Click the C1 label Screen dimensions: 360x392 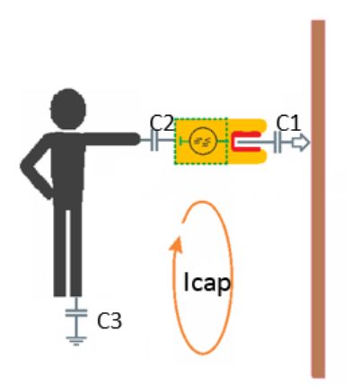(288, 123)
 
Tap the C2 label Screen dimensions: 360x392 (162, 123)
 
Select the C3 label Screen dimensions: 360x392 (110, 321)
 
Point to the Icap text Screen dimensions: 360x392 (207, 283)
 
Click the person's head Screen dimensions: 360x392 (68, 109)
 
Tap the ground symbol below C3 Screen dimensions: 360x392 (76, 341)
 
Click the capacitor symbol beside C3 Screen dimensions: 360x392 (76, 313)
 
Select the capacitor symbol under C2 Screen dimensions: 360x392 (154, 141)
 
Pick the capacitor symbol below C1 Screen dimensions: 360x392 (277, 143)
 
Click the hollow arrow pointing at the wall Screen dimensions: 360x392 (301, 143)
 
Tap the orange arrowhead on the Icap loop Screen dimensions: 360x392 (176, 245)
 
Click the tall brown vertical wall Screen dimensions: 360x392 (318, 199)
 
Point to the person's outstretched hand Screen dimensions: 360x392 (133, 139)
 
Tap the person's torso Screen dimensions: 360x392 (67, 168)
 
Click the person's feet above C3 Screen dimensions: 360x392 (67, 292)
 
